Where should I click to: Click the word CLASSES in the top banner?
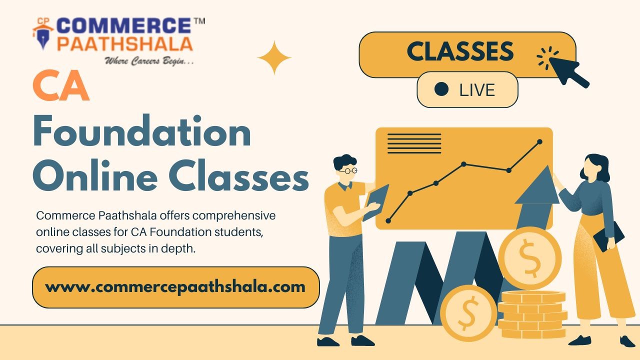[x=460, y=52]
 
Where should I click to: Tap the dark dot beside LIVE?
[x=441, y=89]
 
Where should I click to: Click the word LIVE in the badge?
[x=477, y=90]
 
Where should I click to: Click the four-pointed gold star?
[x=274, y=58]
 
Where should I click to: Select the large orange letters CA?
[x=61, y=87]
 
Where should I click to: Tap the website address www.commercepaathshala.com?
[x=175, y=287]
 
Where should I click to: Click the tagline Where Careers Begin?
[x=149, y=61]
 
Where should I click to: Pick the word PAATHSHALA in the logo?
[x=124, y=44]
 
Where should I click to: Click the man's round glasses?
[x=348, y=171]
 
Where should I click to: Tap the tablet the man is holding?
[x=375, y=201]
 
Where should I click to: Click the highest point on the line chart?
[x=539, y=142]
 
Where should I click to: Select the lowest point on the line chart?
[x=388, y=220]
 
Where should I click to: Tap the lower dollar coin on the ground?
[x=468, y=313]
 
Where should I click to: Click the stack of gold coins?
[x=532, y=315]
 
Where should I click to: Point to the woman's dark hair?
[x=597, y=167]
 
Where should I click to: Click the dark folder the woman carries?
[x=608, y=236]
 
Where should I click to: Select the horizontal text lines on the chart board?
[x=414, y=143]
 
